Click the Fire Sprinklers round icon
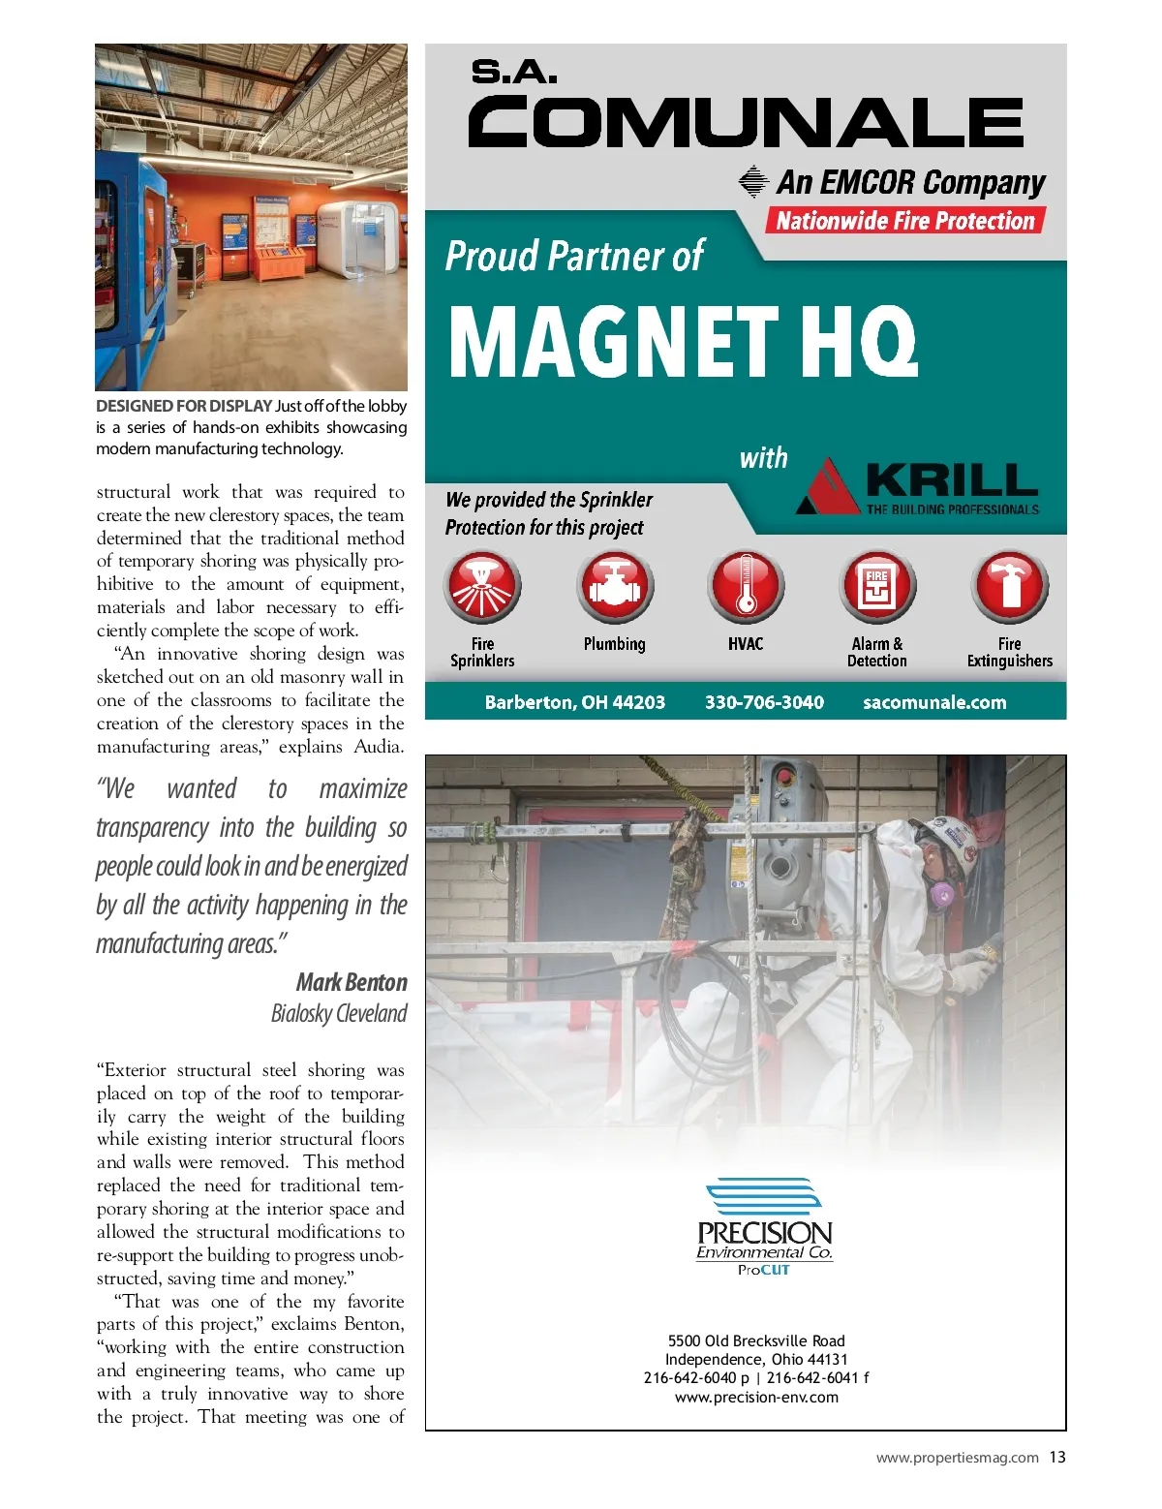(x=482, y=587)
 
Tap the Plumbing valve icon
(x=615, y=587)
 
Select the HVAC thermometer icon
(x=746, y=587)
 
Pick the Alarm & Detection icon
(x=877, y=587)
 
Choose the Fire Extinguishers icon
(x=1009, y=587)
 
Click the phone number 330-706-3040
(x=764, y=702)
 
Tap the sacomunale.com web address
(x=934, y=702)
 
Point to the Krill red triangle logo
(x=829, y=487)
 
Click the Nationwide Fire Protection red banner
(x=905, y=221)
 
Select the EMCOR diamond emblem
(x=753, y=182)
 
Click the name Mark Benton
(x=352, y=982)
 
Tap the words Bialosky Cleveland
(x=339, y=1013)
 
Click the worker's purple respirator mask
(x=940, y=894)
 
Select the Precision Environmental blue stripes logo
(x=764, y=1197)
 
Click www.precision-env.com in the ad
(x=756, y=1397)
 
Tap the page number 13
(x=1056, y=1457)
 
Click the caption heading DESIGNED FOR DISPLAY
(x=184, y=406)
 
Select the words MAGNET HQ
(x=683, y=341)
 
